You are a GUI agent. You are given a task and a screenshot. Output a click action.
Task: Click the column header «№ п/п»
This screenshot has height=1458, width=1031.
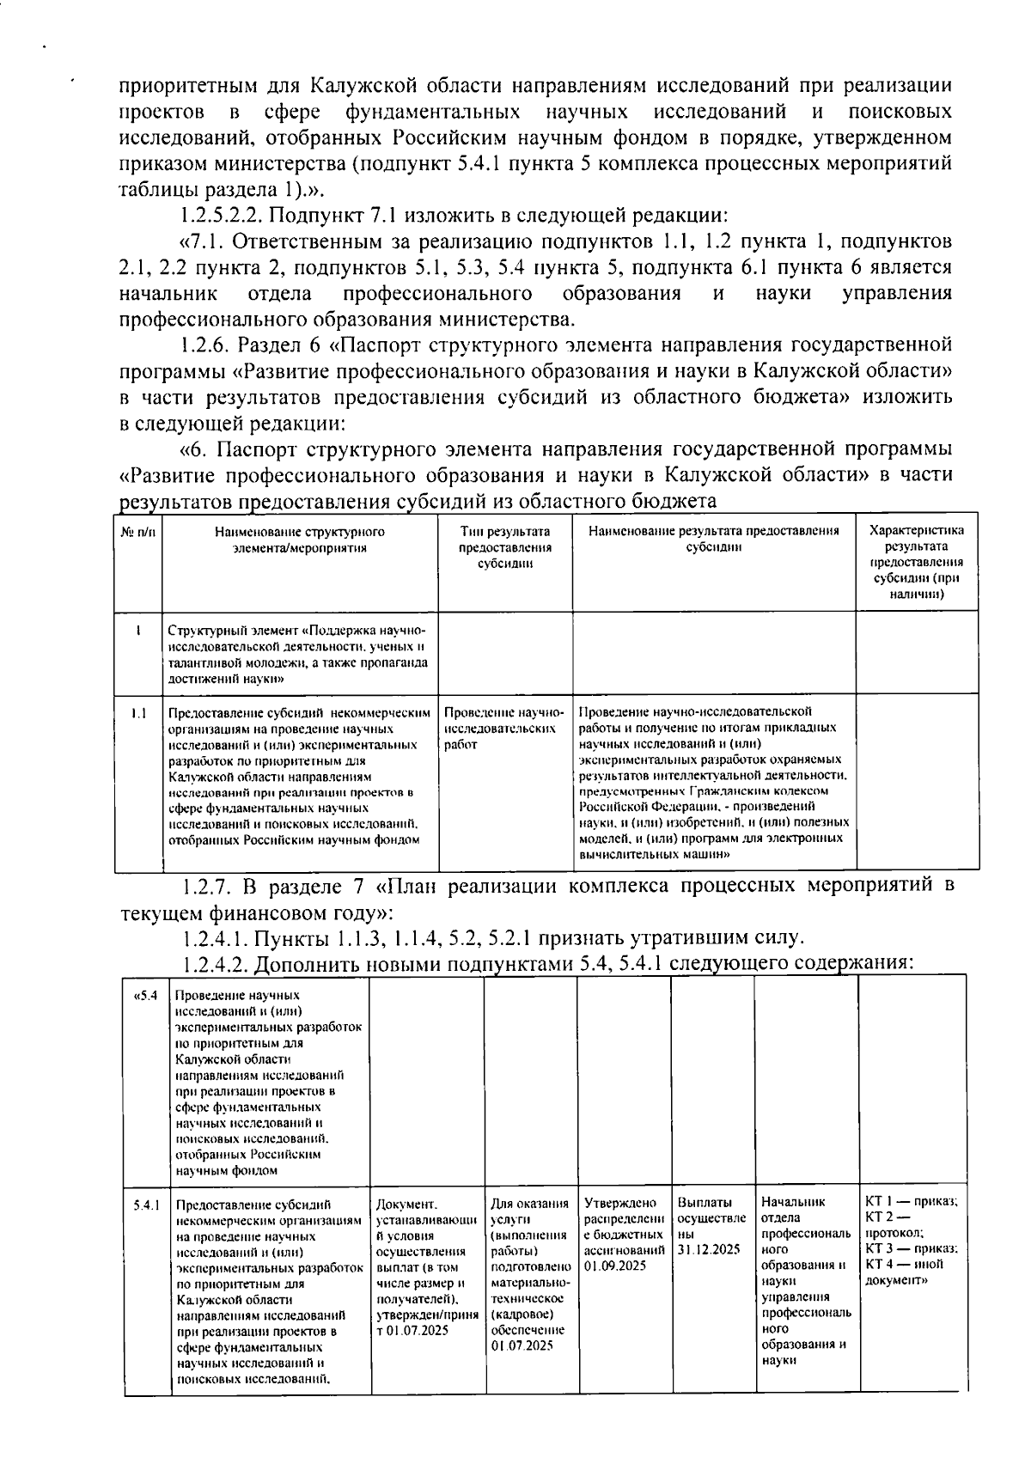[x=137, y=532]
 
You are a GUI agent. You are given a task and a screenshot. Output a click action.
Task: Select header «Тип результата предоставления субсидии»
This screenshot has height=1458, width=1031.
[x=505, y=547]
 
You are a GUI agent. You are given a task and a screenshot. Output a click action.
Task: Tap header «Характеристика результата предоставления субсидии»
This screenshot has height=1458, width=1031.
[x=917, y=562]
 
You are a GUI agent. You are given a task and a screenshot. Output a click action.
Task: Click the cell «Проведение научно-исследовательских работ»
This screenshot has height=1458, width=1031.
[x=504, y=728]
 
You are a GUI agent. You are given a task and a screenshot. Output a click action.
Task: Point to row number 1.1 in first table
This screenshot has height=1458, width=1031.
[x=138, y=712]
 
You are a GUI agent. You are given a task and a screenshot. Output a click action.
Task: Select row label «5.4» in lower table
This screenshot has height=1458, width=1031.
[x=146, y=997]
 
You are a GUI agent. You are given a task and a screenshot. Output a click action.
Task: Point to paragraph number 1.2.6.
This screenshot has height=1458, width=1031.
[x=203, y=345]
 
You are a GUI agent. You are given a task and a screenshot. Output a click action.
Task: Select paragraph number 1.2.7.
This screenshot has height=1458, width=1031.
[x=206, y=886]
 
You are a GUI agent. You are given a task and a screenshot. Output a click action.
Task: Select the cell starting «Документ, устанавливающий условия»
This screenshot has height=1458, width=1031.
[x=427, y=1266]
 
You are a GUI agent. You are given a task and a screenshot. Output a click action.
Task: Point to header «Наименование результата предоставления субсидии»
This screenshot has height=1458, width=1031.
[x=713, y=540]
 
